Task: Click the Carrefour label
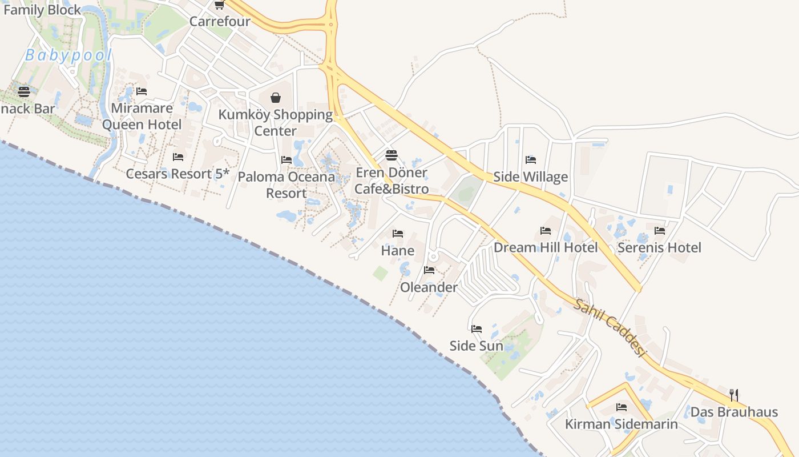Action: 220,22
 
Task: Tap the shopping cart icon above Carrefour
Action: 219,5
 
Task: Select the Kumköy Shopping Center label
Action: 276,122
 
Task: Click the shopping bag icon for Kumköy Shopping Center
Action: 276,98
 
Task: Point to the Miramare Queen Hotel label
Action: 142,116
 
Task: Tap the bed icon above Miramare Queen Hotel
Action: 142,91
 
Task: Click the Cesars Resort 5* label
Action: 177,174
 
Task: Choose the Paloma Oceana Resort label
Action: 286,185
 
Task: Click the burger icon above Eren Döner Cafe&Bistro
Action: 391,155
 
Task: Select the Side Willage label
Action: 530,177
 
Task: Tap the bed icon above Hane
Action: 398,234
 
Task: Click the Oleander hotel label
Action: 429,287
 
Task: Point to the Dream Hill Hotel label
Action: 546,247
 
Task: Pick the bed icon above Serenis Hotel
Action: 660,231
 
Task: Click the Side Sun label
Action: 477,346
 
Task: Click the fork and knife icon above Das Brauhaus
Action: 734,395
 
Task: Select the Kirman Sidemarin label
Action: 622,424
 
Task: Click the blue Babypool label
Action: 68,55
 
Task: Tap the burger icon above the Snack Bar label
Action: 24,91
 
